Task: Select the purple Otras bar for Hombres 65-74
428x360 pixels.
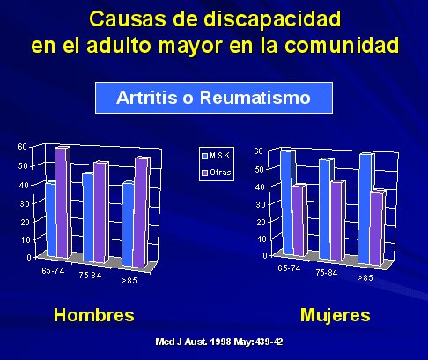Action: pyautogui.click(x=63, y=203)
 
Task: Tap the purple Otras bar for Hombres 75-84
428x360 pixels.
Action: pyautogui.click(x=101, y=212)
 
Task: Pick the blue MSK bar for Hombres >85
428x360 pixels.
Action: pyautogui.click(x=129, y=224)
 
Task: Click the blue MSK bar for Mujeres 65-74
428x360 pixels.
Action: pyautogui.click(x=287, y=202)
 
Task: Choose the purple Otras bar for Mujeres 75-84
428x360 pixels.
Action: pyautogui.click(x=337, y=220)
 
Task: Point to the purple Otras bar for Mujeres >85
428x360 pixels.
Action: pyautogui.click(x=377, y=228)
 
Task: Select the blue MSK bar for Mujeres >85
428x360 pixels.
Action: pyautogui.click(x=365, y=209)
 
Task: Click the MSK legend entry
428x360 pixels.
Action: pyautogui.click(x=216, y=156)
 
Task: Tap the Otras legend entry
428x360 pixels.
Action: pyautogui.click(x=217, y=173)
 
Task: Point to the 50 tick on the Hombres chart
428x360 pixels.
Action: pyautogui.click(x=23, y=166)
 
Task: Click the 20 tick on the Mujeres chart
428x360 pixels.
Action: pyautogui.click(x=261, y=222)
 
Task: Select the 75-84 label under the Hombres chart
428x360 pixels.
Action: pyautogui.click(x=90, y=275)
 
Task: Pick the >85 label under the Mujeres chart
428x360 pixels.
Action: pyautogui.click(x=365, y=277)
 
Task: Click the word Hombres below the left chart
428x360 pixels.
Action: pyautogui.click(x=94, y=315)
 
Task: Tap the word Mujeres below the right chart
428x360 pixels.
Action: pyautogui.click(x=336, y=316)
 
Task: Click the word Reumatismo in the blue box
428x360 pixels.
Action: pyautogui.click(x=255, y=98)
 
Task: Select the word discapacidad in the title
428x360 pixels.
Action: pyautogui.click(x=272, y=19)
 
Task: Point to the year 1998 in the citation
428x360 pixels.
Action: pyautogui.click(x=221, y=342)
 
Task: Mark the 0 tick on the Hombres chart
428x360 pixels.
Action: pyautogui.click(x=29, y=257)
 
